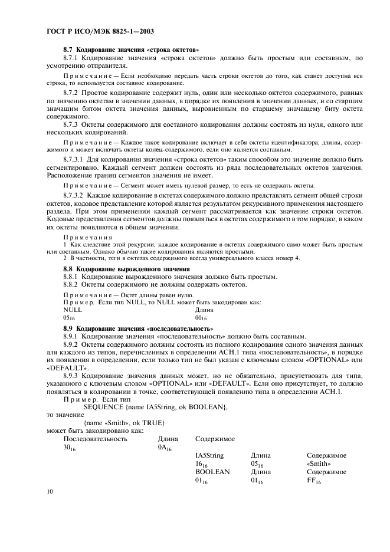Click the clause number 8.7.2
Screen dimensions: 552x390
pyautogui.click(x=73, y=93)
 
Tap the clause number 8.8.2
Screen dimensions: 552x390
pyautogui.click(x=73, y=284)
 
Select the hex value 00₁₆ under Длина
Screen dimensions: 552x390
pyautogui.click(x=201, y=318)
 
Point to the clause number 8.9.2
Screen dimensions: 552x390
pyautogui.click(x=73, y=344)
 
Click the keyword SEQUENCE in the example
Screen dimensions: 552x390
pyautogui.click(x=104, y=423)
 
